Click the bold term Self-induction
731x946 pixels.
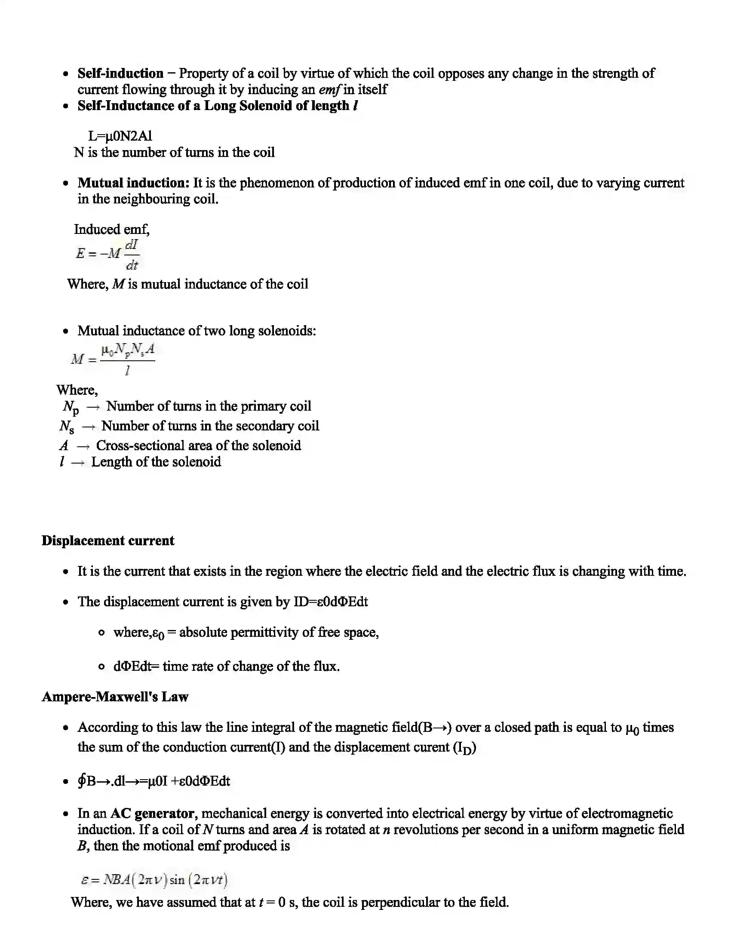(120, 73)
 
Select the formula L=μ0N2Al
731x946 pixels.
(120, 136)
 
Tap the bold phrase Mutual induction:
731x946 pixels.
(133, 183)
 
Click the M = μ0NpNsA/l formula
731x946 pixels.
(113, 359)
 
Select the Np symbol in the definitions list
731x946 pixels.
(71, 407)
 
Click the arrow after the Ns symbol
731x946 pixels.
(88, 427)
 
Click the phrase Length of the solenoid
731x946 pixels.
(156, 462)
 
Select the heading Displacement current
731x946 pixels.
(108, 541)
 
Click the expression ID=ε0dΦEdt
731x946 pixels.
(330, 602)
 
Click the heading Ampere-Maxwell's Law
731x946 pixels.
(115, 697)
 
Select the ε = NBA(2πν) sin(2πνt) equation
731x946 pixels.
(154, 880)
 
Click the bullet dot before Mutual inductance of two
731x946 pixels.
(65, 332)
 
